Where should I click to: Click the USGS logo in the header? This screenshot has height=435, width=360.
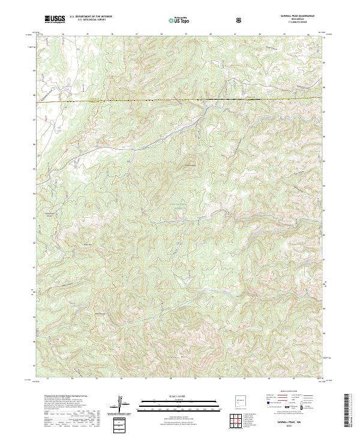tap(55, 19)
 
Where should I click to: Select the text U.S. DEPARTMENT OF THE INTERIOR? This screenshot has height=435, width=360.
tap(90, 17)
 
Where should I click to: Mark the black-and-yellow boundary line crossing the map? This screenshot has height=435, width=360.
tap(180, 100)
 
